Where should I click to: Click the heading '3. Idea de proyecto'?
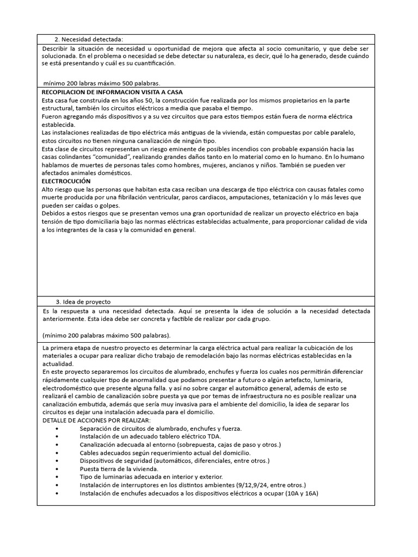point(85,301)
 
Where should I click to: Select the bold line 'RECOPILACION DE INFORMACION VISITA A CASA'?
point(112,92)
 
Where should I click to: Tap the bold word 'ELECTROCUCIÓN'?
point(66,181)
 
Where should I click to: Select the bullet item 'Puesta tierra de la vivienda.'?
point(119,468)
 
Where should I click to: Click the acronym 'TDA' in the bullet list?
point(213,436)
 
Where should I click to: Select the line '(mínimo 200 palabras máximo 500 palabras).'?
point(106,335)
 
